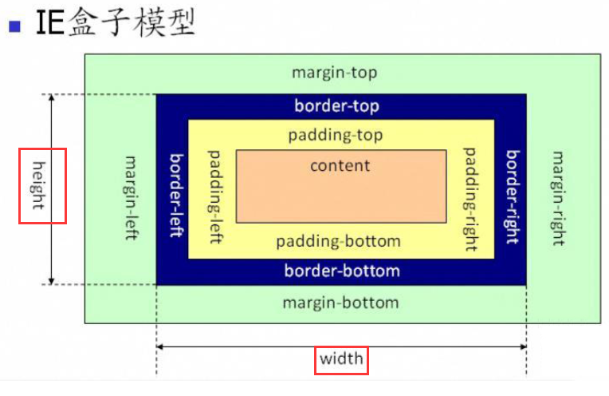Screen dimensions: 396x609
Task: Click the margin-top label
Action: (x=334, y=73)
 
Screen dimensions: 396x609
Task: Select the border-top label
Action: (x=336, y=106)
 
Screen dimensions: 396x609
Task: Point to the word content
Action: (x=340, y=165)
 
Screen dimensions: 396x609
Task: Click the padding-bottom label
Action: (x=338, y=241)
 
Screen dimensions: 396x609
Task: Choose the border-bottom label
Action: (x=342, y=271)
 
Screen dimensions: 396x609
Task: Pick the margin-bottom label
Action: (x=340, y=303)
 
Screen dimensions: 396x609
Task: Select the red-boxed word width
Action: (x=341, y=359)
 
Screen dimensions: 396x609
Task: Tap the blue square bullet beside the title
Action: (x=14, y=26)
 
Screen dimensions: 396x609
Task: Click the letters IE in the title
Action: (x=49, y=24)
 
